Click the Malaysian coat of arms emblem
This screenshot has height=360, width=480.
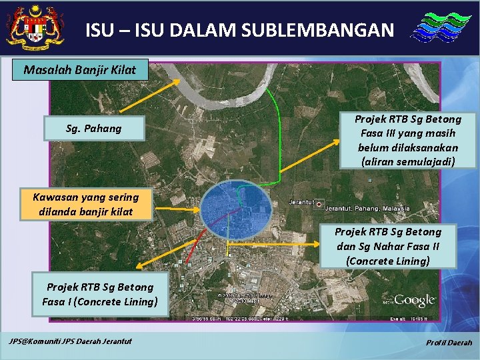point(35,28)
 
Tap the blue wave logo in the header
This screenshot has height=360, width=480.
point(437,29)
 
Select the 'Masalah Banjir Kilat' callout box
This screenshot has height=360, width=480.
point(79,69)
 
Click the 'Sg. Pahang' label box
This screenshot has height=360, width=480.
point(94,128)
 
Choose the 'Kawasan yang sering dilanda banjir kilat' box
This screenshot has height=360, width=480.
point(86,204)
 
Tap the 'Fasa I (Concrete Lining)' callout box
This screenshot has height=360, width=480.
point(99,294)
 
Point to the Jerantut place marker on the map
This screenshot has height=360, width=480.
point(319,204)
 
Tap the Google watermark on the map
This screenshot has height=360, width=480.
point(414,300)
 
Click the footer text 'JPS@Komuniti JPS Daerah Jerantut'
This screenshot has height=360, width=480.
point(70,342)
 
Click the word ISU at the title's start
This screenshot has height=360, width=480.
point(98,30)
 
